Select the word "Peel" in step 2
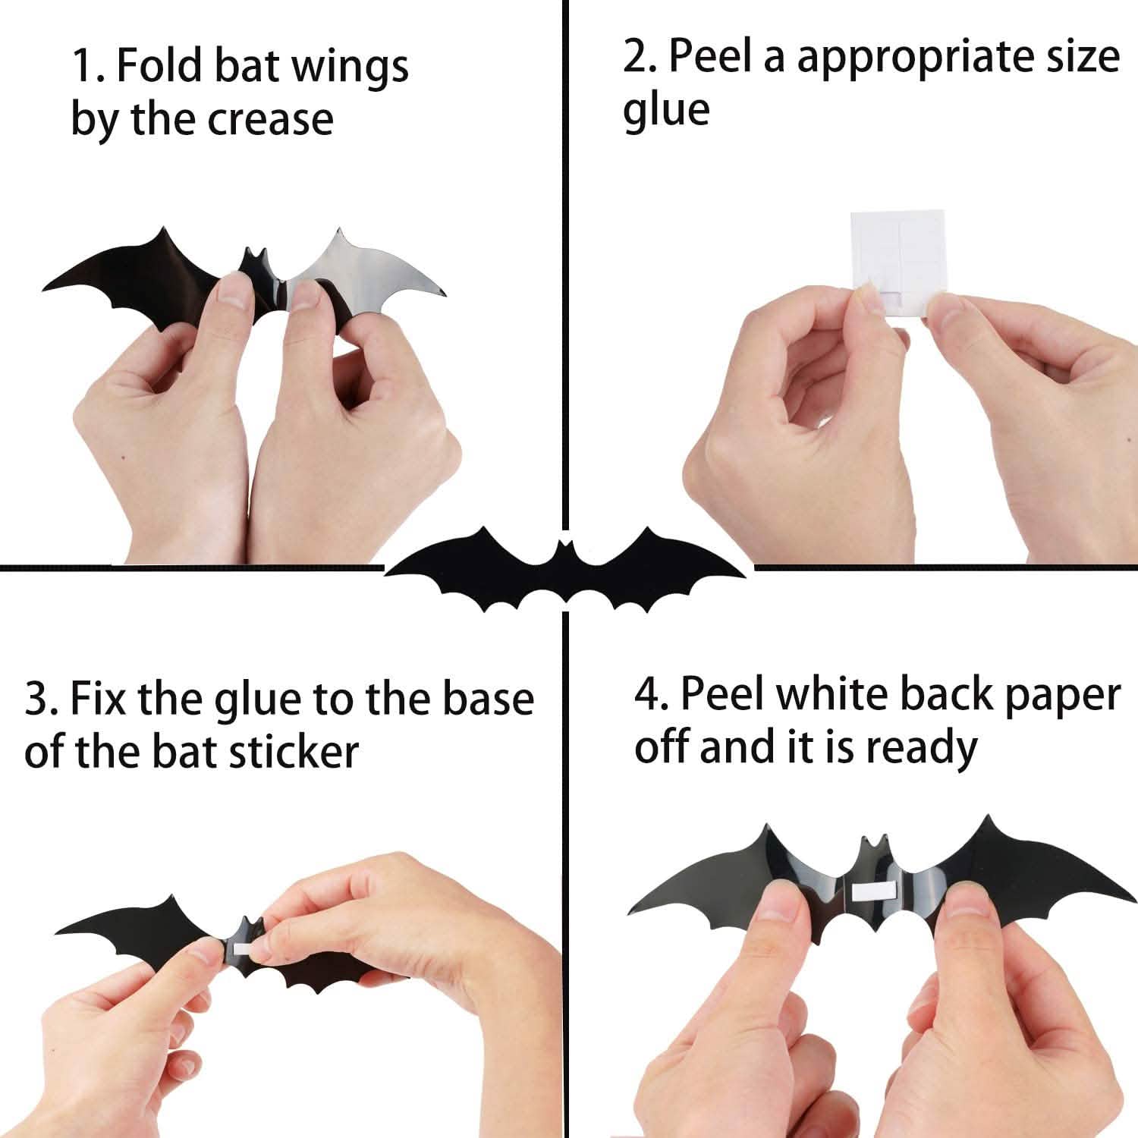coord(714,57)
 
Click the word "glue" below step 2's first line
coord(666,111)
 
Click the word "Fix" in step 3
coord(98,699)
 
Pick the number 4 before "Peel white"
coord(649,695)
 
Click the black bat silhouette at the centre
coord(565,565)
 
